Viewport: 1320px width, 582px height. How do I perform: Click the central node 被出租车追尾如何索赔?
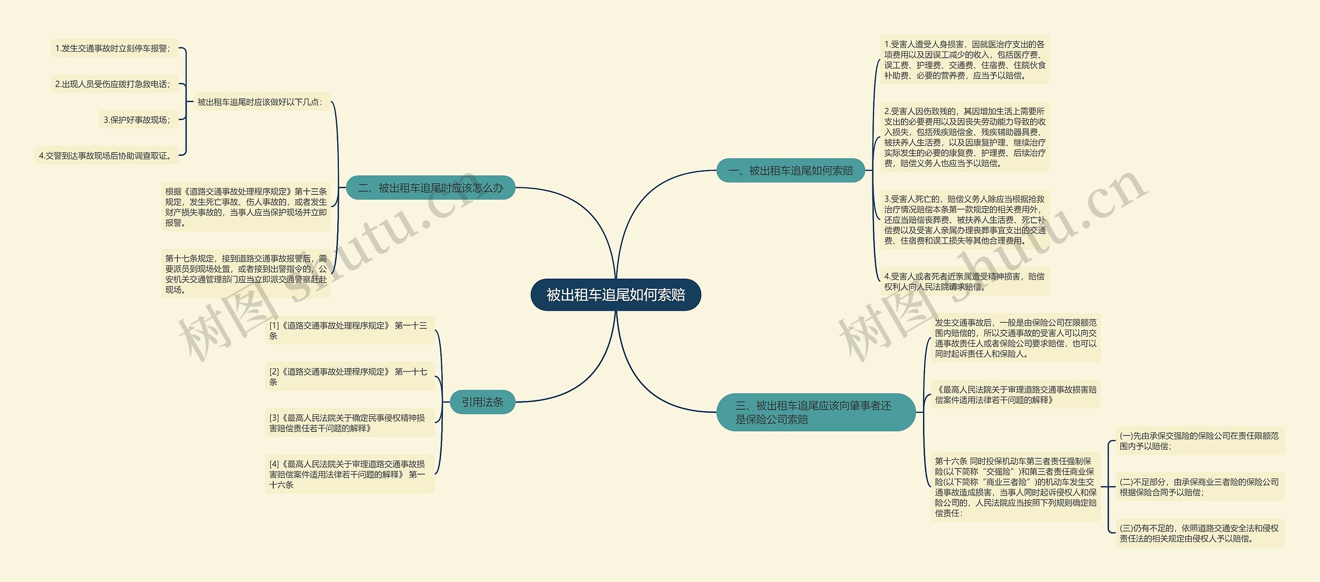click(616, 295)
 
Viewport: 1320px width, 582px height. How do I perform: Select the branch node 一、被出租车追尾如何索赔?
click(790, 170)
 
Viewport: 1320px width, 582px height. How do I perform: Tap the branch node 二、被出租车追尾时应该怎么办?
click(430, 188)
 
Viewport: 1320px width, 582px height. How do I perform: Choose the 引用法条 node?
click(482, 402)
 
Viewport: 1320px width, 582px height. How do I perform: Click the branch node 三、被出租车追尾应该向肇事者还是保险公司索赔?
click(815, 412)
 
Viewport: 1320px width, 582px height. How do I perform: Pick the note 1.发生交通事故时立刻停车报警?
click(113, 48)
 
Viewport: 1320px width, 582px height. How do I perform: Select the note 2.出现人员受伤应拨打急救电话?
click(113, 84)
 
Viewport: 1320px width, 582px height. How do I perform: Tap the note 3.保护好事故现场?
click(138, 120)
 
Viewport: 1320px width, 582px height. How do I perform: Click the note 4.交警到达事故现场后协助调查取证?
click(106, 155)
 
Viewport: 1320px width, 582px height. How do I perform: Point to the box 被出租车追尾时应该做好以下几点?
click(260, 102)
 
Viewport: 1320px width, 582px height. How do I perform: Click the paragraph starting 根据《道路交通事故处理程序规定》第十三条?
click(246, 207)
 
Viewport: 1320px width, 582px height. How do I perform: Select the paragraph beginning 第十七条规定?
click(246, 274)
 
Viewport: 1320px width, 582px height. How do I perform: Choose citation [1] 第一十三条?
click(349, 330)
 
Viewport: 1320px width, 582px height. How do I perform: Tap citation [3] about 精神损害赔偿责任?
click(349, 423)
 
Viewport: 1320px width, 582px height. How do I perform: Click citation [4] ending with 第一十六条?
click(349, 474)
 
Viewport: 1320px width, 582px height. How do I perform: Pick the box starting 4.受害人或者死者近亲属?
click(964, 281)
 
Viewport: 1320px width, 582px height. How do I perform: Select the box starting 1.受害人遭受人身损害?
click(964, 60)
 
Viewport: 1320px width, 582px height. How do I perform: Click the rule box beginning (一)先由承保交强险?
click(1199, 441)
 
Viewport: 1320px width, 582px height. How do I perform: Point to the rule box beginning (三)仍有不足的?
click(1199, 533)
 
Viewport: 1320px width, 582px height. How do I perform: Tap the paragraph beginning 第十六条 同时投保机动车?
click(1015, 487)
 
